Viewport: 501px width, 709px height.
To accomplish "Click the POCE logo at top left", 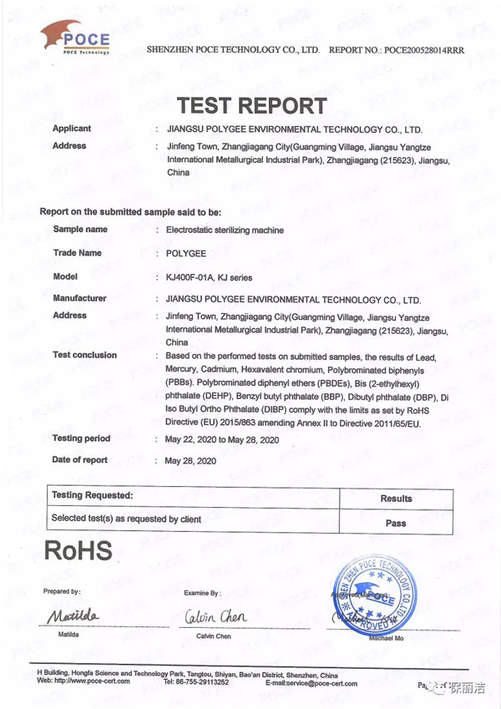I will (x=75, y=38).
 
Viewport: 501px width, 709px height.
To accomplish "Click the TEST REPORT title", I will (x=251, y=106).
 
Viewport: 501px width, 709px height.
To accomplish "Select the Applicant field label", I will (x=72, y=129).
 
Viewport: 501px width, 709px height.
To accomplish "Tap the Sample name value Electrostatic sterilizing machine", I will (x=225, y=230).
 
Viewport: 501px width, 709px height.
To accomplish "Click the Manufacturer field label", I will (x=79, y=298).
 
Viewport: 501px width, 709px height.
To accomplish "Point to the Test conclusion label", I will (x=84, y=355).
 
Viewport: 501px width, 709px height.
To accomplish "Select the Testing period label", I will (x=81, y=438).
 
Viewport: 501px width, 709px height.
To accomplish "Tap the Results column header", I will (x=396, y=499).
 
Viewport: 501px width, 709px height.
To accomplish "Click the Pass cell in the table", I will (x=396, y=524).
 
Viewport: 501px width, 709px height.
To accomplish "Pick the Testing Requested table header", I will (x=92, y=496).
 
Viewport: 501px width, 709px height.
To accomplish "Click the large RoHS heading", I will (x=76, y=550).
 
